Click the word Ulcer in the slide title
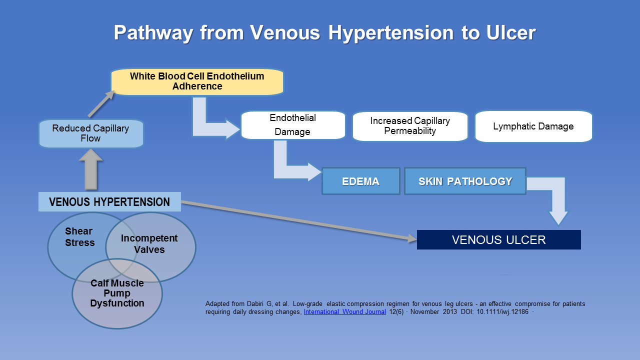511,32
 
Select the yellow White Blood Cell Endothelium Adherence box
197,81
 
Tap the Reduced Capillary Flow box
91,133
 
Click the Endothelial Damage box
293,125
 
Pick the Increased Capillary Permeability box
410,126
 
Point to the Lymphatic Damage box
533,126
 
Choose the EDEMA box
361,181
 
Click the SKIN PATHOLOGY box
465,181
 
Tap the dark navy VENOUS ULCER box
498,239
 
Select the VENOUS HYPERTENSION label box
109,201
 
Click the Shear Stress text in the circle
79,237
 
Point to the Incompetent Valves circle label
149,243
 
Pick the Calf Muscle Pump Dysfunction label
117,293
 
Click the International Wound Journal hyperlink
344,311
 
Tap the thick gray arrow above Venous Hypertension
91,169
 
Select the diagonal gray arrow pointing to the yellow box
101,104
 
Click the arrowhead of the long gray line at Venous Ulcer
412,238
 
